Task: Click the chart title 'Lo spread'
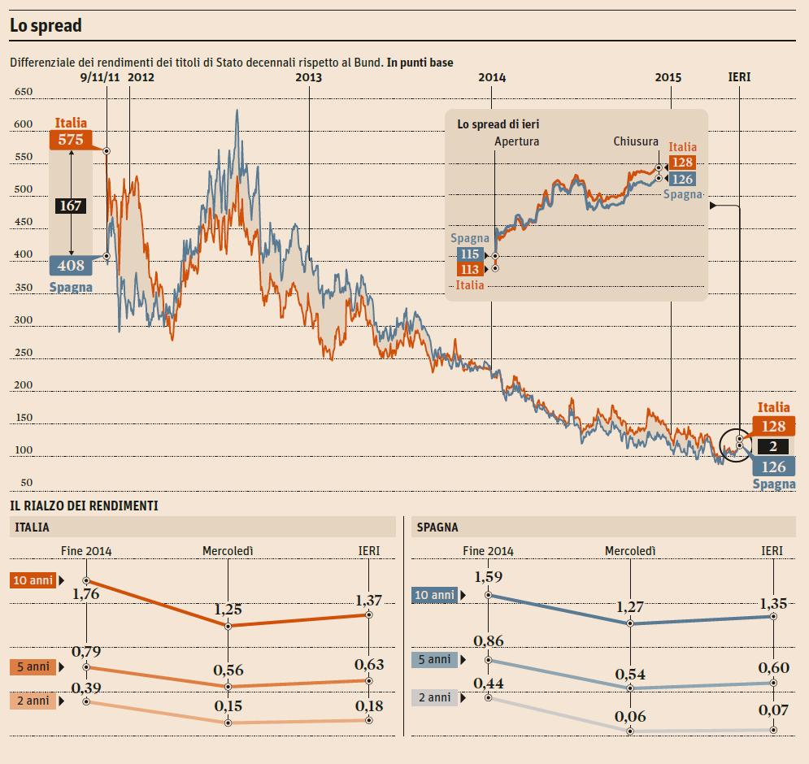[x=46, y=26]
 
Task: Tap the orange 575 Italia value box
[x=71, y=140]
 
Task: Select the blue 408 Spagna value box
[x=71, y=264]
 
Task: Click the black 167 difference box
[x=71, y=206]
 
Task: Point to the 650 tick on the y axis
[x=24, y=92]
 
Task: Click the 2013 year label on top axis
[x=309, y=78]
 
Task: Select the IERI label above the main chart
[x=739, y=78]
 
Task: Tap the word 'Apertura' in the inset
[x=517, y=141]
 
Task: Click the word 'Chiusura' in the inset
[x=636, y=141]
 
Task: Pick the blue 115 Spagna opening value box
[x=470, y=254]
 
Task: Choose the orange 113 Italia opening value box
[x=470, y=269]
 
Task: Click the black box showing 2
[x=772, y=446]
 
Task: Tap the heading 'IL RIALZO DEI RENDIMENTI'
[x=84, y=506]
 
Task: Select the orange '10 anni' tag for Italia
[x=33, y=580]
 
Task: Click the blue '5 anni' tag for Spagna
[x=434, y=660]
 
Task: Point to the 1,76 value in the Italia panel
[x=85, y=594]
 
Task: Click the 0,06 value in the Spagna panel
[x=631, y=716]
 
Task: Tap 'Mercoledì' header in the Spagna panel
[x=630, y=551]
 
